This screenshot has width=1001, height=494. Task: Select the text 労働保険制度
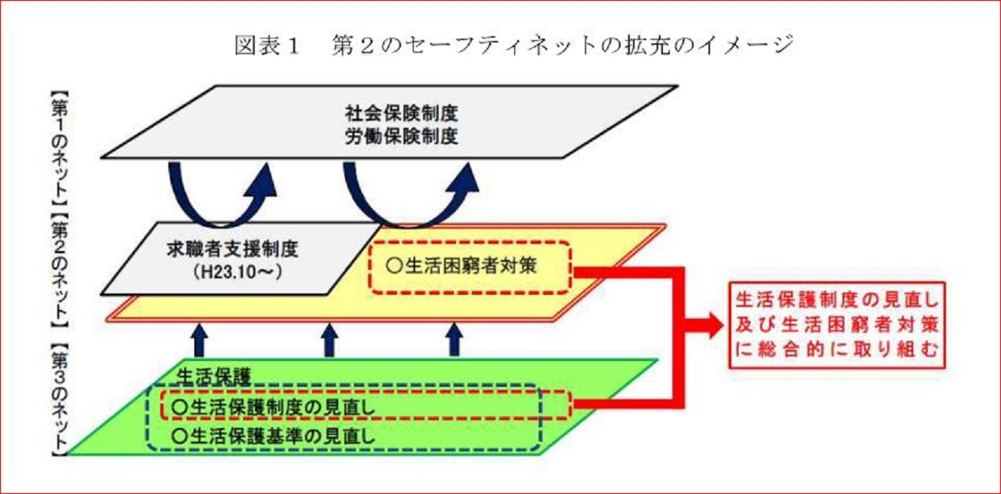pos(401,135)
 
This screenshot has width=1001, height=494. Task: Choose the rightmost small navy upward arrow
pos(453,341)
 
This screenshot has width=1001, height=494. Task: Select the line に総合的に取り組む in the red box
pos(837,353)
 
